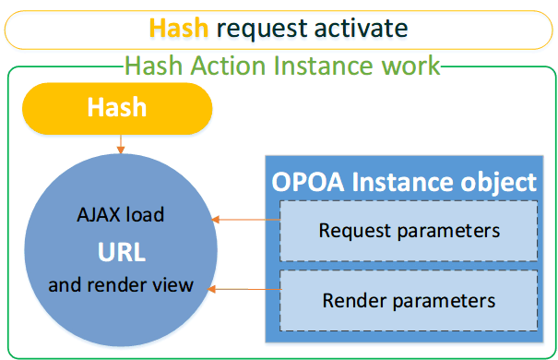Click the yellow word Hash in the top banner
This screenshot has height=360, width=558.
point(179,28)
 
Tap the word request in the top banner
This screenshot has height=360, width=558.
point(262,30)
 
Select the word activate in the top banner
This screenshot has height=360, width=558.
point(361,28)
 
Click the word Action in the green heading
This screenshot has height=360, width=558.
point(228,66)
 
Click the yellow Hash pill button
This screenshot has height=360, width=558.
point(117,108)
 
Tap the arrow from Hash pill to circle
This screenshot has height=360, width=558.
point(121,144)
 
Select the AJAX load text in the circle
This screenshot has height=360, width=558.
point(121,215)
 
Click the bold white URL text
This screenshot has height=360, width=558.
point(122,252)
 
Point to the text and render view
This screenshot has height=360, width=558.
point(121,285)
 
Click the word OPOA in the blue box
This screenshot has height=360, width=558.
point(308,182)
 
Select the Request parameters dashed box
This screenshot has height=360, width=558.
point(409,231)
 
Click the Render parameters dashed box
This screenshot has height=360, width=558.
point(409,301)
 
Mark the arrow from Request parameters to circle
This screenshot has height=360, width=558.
point(246,220)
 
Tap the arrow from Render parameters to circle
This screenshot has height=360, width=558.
point(244,289)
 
